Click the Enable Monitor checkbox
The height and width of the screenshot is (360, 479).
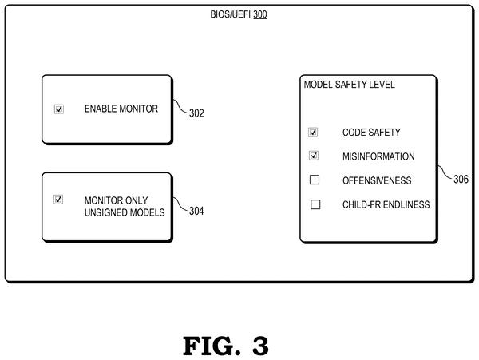pyautogui.click(x=59, y=109)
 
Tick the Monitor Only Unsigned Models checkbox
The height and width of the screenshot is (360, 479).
pyautogui.click(x=58, y=200)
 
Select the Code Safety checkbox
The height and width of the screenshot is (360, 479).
pyautogui.click(x=313, y=133)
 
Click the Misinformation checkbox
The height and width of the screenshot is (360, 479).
pyautogui.click(x=314, y=156)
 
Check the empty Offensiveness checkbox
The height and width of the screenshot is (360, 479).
pyautogui.click(x=315, y=180)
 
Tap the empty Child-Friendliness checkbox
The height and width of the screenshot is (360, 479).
pyautogui.click(x=315, y=204)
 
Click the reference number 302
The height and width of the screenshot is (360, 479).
pyautogui.click(x=196, y=113)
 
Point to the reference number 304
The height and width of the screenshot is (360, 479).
pyautogui.click(x=196, y=211)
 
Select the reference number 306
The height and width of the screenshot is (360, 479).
pyautogui.click(x=461, y=180)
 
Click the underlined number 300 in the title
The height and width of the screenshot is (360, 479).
pyautogui.click(x=260, y=14)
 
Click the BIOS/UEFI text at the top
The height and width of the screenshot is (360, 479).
pyautogui.click(x=231, y=14)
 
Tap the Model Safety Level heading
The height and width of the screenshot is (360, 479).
pyautogui.click(x=349, y=85)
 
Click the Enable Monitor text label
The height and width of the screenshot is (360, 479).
pyautogui.click(x=121, y=109)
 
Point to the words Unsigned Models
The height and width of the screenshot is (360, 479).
pyautogui.click(x=125, y=212)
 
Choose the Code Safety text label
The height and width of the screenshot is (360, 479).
pyautogui.click(x=371, y=133)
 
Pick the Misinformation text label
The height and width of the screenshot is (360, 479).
pyautogui.click(x=378, y=156)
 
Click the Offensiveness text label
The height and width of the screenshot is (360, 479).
pyautogui.click(x=377, y=180)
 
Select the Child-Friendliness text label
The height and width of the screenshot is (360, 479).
pyautogui.click(x=386, y=204)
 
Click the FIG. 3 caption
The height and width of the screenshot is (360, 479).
pyautogui.click(x=226, y=346)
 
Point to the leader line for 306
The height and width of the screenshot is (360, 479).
pyautogui.click(x=445, y=173)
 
